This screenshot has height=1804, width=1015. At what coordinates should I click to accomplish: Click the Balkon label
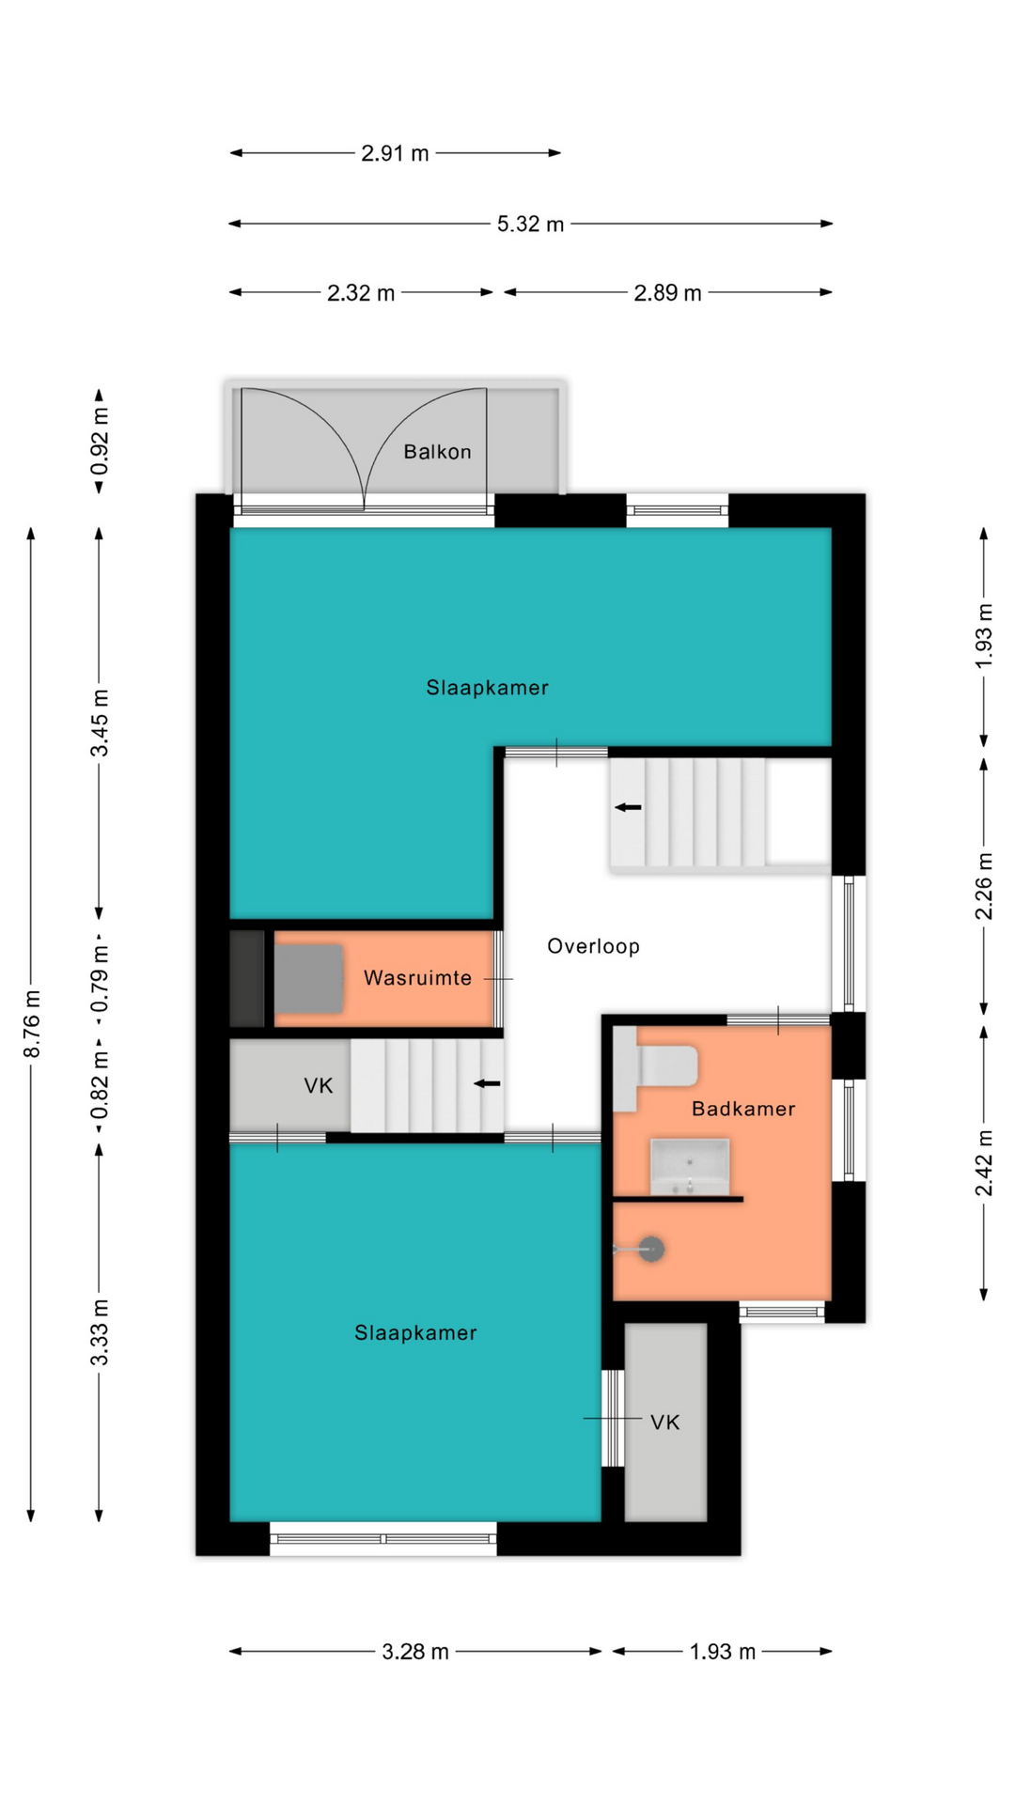point(437,452)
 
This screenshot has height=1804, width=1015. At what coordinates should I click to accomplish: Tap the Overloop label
point(593,946)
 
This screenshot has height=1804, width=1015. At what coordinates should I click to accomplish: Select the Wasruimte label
point(417,978)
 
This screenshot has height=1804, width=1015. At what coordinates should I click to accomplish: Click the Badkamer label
point(743,1109)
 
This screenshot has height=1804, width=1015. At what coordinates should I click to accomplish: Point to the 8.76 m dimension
point(32,1023)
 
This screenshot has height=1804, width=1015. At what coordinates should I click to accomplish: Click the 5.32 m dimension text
point(531,224)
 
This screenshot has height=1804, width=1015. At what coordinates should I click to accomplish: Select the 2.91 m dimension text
point(395,153)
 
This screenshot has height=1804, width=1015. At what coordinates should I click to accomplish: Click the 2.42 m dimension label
point(984,1163)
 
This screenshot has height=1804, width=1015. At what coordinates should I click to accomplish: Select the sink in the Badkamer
point(690,1166)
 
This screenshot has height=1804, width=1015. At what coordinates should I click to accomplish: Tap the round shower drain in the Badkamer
point(651,1249)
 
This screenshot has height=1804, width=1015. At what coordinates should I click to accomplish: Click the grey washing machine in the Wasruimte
point(308,979)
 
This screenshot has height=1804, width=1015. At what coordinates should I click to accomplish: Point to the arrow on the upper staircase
point(628,807)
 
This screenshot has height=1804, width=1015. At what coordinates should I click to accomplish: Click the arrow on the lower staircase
point(487,1083)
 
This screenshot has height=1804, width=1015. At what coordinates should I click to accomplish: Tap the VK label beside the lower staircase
point(319,1086)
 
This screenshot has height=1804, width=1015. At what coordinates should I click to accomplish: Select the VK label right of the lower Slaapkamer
point(665,1423)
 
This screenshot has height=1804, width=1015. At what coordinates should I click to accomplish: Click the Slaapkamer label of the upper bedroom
point(487,688)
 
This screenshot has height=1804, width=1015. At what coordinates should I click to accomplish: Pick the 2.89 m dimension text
point(667,293)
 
